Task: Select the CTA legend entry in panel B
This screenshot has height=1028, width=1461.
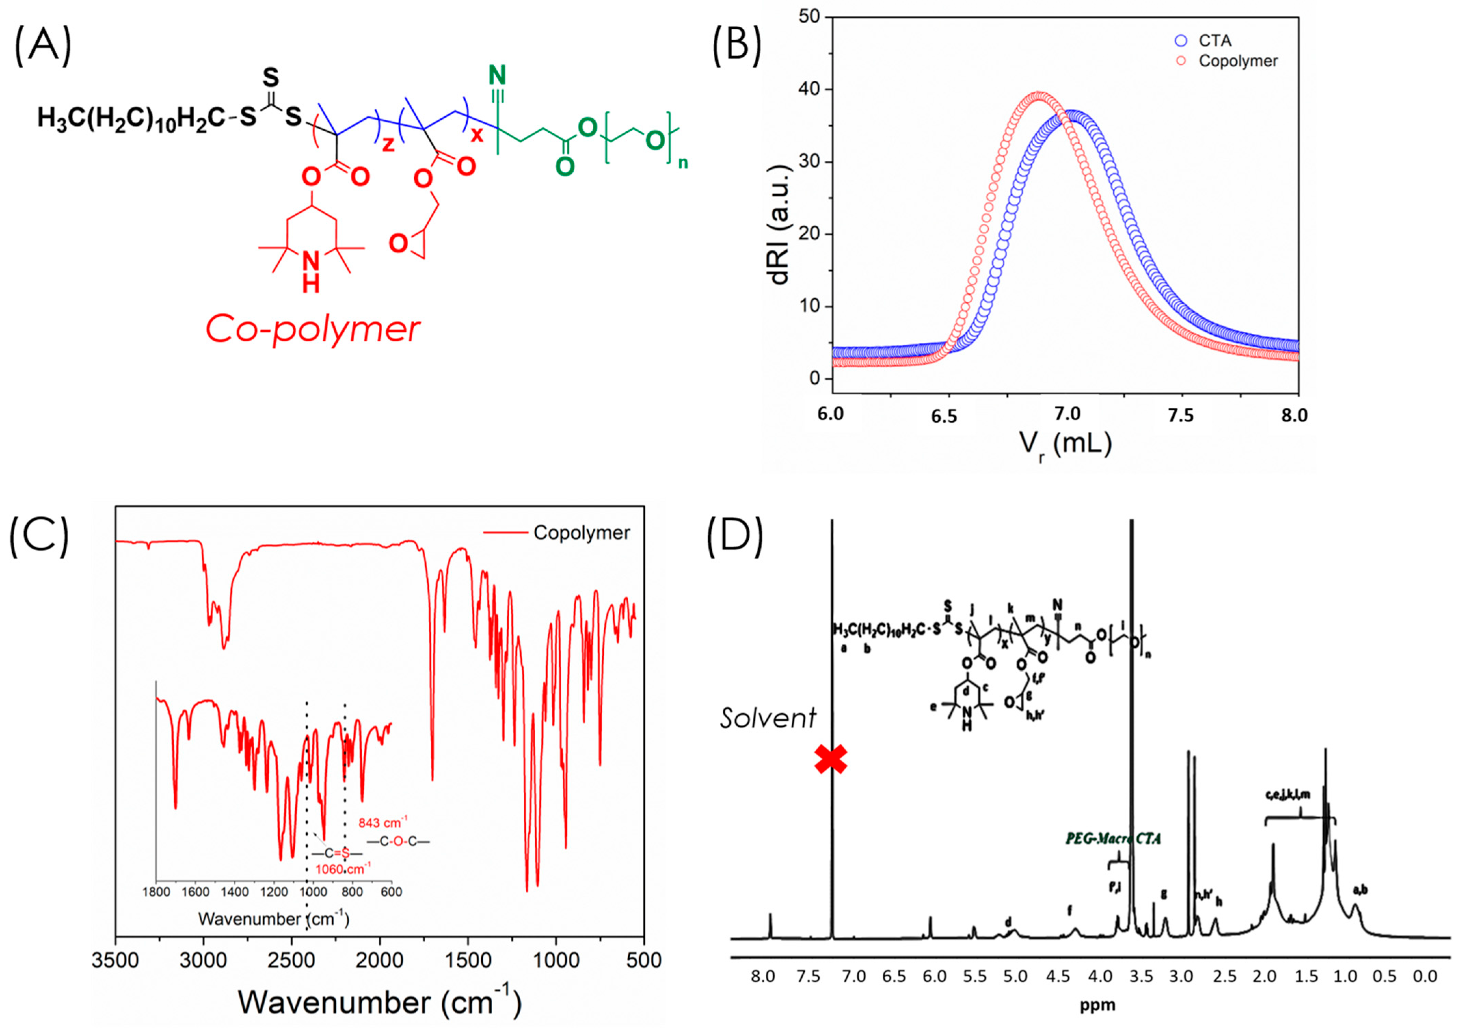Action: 1214,41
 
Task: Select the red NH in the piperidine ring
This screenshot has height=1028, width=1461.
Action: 310,271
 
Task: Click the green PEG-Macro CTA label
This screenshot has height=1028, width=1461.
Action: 1113,839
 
